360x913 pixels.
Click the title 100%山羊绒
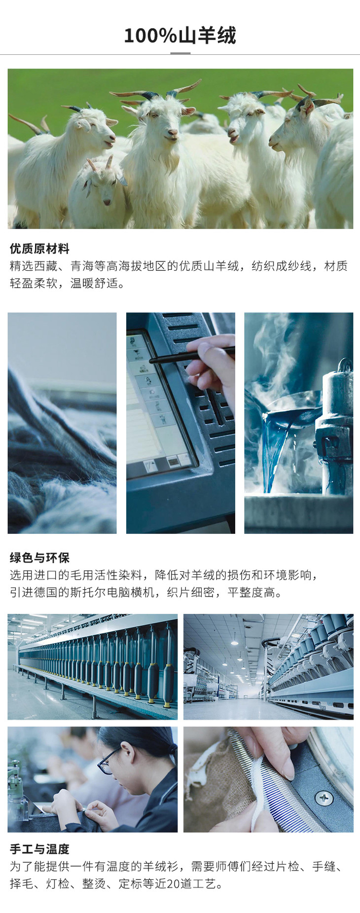click(180, 36)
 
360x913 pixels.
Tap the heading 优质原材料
click(39, 249)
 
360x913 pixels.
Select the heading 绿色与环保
click(39, 558)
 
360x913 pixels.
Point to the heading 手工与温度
click(39, 849)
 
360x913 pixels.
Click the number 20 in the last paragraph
click(173, 883)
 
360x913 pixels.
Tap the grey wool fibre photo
click(62, 423)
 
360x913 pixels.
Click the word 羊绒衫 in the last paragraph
click(161, 867)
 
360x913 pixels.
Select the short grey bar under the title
click(180, 53)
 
